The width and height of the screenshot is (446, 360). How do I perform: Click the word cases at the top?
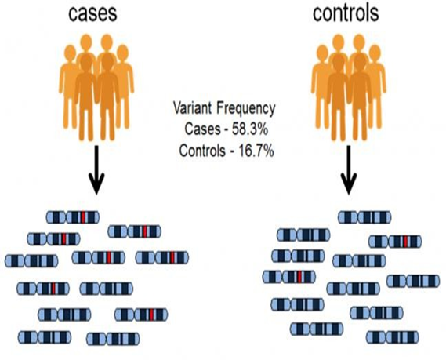pyautogui.click(x=92, y=13)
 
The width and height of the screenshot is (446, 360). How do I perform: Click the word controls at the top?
pyautogui.click(x=346, y=13)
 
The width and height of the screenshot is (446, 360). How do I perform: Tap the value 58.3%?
pyautogui.click(x=250, y=129)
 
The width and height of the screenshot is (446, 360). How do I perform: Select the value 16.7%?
pyautogui.click(x=256, y=151)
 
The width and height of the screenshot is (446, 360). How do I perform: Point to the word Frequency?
pyautogui.click(x=246, y=109)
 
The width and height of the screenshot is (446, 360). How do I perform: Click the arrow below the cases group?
pyautogui.click(x=96, y=170)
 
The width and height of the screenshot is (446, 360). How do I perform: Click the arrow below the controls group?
pyautogui.click(x=349, y=170)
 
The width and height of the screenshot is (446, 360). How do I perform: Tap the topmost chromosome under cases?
pyautogui.click(x=73, y=217)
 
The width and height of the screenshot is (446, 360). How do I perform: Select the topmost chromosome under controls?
pyautogui.click(x=364, y=217)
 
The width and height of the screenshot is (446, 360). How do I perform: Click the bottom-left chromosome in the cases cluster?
pyautogui.click(x=45, y=337)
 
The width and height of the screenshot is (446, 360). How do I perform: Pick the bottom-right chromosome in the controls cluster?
pyautogui.click(x=392, y=337)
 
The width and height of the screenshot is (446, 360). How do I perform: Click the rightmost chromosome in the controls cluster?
pyautogui.click(x=413, y=281)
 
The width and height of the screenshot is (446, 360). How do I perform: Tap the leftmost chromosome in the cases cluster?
pyautogui.click(x=31, y=261)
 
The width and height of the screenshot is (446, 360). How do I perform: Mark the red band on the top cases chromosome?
pyautogui.click(x=83, y=217)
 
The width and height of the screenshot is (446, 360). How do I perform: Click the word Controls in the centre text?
pyautogui.click(x=202, y=151)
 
